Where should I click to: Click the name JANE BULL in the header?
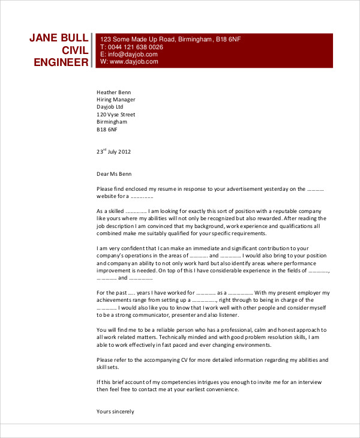coord(59,38)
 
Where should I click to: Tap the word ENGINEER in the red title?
coord(61,62)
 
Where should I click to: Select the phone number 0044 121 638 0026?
coord(135,47)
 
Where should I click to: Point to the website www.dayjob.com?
coord(133,61)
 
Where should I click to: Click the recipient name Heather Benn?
coord(114,92)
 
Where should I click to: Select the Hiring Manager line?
coord(116,100)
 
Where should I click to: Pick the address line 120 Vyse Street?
coord(116,114)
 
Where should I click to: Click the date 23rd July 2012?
coord(113,151)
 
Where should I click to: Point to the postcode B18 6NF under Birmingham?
coord(107,129)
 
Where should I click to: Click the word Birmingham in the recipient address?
coord(112,122)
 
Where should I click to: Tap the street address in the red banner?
coord(170,39)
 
